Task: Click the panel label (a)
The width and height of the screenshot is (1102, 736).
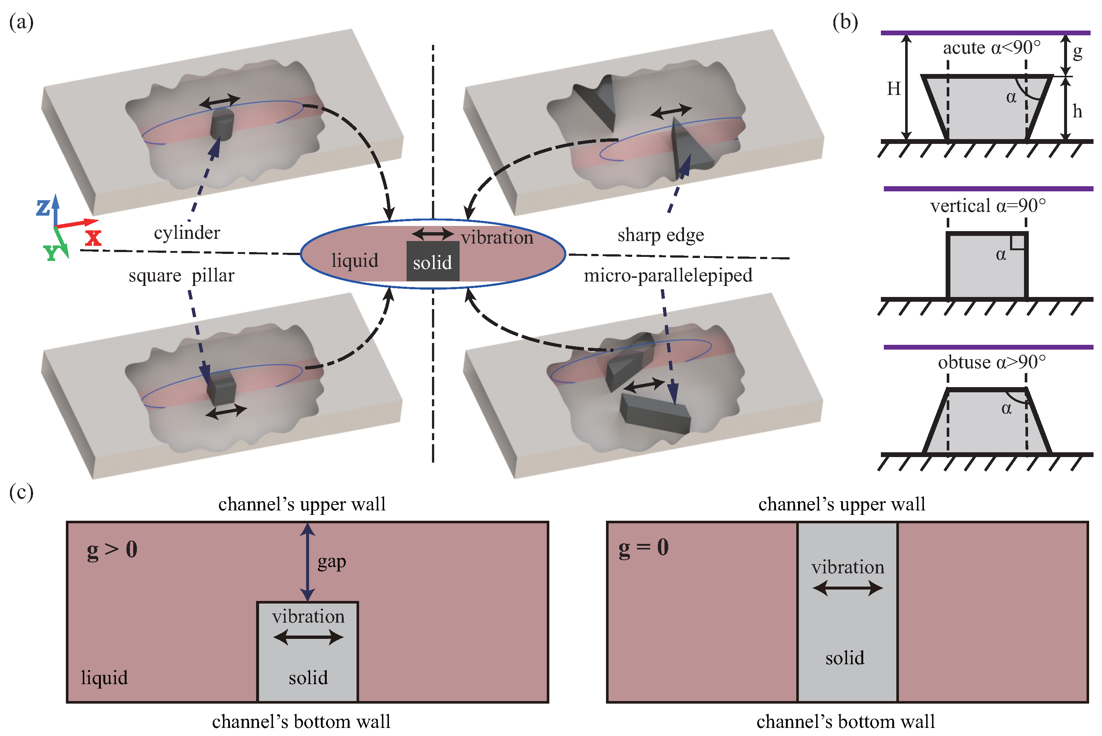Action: [x=21, y=22]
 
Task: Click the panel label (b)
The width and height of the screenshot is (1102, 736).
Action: [x=845, y=22]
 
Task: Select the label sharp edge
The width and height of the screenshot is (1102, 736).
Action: [x=660, y=235]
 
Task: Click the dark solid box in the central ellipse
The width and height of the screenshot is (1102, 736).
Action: [x=432, y=261]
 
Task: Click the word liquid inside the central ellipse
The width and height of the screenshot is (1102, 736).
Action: [x=354, y=261]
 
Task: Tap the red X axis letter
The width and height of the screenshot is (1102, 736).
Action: [x=93, y=237]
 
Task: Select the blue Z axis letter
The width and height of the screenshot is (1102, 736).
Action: [x=43, y=207]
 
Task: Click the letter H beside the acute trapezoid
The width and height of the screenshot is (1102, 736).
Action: [x=894, y=88]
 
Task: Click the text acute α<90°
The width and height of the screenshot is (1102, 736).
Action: [x=991, y=48]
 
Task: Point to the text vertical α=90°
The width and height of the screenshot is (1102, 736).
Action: [x=988, y=206]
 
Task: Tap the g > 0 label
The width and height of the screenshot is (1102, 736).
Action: [x=112, y=549]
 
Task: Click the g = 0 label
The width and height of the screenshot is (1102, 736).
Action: [x=643, y=547]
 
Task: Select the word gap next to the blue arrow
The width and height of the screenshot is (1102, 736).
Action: [x=332, y=562]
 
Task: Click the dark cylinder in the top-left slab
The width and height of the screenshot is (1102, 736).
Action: [x=222, y=123]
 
